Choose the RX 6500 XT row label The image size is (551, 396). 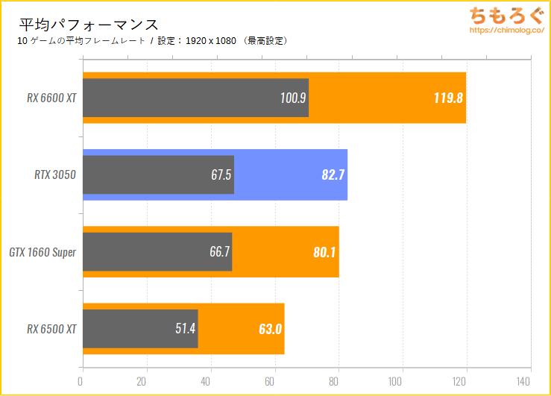[51, 328]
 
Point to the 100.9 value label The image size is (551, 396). [292, 98]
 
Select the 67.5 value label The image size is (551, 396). [222, 175]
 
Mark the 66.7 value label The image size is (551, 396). [219, 252]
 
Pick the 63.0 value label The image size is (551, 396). [269, 328]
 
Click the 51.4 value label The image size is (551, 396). [186, 328]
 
